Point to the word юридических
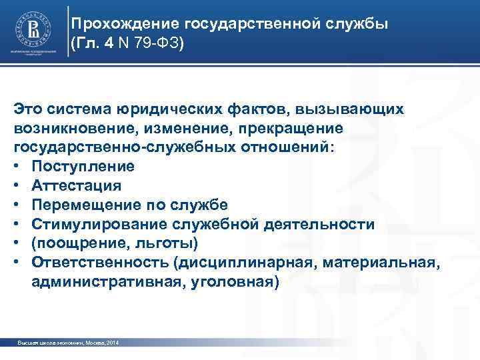159,109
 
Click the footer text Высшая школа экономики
50,343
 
